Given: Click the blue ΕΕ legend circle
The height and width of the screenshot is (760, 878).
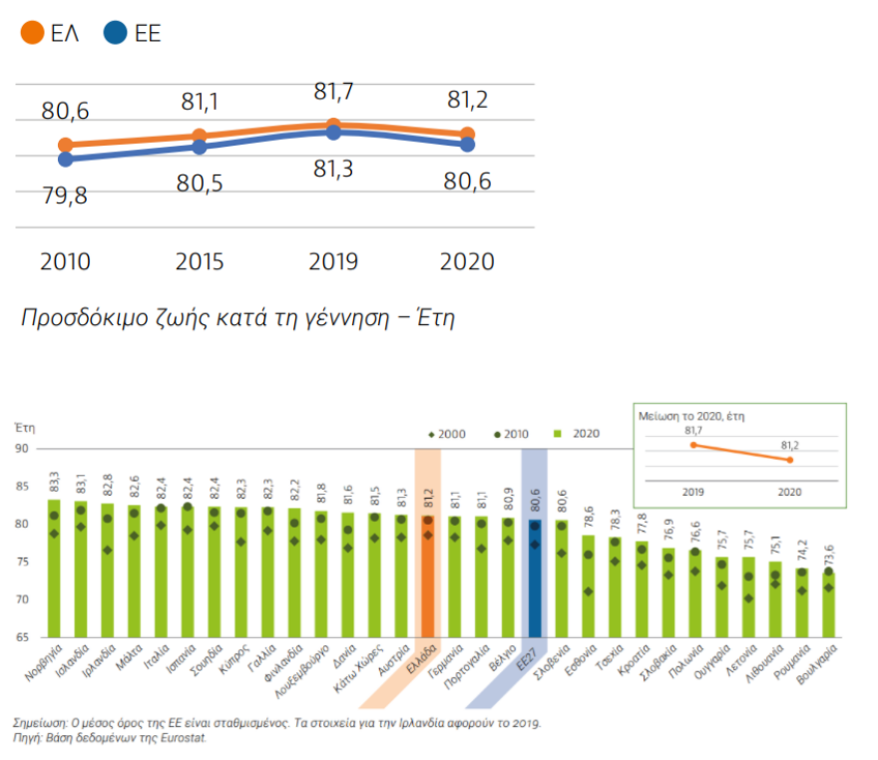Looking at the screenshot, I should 116,34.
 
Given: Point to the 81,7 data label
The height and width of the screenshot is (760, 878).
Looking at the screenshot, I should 333,93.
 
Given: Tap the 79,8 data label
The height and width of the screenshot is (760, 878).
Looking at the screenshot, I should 65,195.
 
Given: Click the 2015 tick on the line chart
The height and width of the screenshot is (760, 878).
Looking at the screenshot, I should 200,261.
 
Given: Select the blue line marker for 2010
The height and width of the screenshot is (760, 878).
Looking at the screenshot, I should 66,159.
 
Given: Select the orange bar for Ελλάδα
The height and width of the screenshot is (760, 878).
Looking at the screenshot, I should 427,578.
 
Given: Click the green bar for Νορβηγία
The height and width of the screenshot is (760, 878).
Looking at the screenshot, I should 55,569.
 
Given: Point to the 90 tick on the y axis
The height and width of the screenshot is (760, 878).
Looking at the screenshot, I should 24,449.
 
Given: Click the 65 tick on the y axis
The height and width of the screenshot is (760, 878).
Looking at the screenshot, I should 24,637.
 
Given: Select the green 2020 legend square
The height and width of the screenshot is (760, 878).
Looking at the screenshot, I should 561,434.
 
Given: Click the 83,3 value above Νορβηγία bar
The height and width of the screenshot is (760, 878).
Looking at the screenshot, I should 55,481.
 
